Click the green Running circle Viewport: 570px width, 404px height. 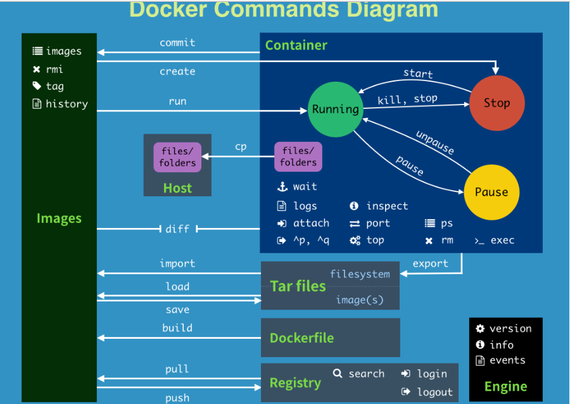(335, 109)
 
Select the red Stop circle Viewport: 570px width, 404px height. (497, 103)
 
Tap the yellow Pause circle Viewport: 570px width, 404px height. (491, 192)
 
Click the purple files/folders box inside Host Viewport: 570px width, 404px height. (177, 157)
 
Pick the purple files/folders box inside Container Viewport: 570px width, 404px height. (298, 156)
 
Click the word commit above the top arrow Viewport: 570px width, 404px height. (177, 43)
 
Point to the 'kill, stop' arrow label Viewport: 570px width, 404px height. (407, 99)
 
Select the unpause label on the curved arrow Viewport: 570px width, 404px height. (435, 142)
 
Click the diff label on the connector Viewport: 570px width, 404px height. (177, 229)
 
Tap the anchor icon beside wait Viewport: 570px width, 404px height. (282, 187)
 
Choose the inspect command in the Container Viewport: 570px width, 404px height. (387, 206)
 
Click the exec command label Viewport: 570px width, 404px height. (502, 241)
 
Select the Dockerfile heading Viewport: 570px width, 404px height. (301, 338)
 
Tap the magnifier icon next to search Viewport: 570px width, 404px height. (338, 374)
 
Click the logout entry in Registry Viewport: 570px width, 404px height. (434, 392)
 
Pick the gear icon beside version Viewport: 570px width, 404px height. (480, 329)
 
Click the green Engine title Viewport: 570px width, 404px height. (505, 386)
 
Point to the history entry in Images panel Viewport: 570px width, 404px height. (66, 104)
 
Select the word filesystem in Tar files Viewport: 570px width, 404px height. (360, 274)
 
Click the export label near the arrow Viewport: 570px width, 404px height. (430, 264)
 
